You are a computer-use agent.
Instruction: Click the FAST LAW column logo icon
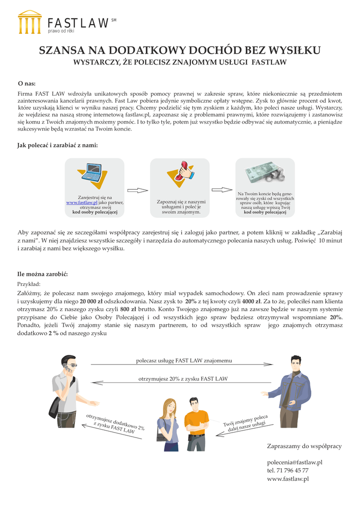30,22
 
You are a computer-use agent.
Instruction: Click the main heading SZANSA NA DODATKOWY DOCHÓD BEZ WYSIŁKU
180,51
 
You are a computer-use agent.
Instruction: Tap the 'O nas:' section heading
27,83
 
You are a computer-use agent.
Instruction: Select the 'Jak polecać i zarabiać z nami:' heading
58,145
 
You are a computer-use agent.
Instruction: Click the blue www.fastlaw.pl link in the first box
82,202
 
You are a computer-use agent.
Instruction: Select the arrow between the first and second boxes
138,190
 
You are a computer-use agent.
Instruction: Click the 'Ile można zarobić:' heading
43,274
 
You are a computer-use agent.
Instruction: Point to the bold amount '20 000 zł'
91,301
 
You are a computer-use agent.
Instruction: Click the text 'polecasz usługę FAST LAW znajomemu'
184,361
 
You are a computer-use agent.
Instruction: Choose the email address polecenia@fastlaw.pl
295,462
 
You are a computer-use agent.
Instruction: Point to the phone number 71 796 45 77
292,470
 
